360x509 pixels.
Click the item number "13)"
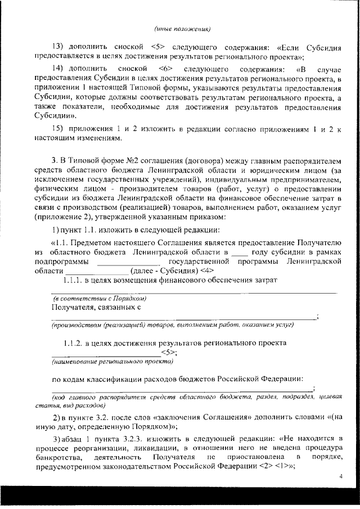coord(60,47)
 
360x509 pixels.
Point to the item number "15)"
coord(60,128)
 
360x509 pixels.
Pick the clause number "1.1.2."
coord(74,342)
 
